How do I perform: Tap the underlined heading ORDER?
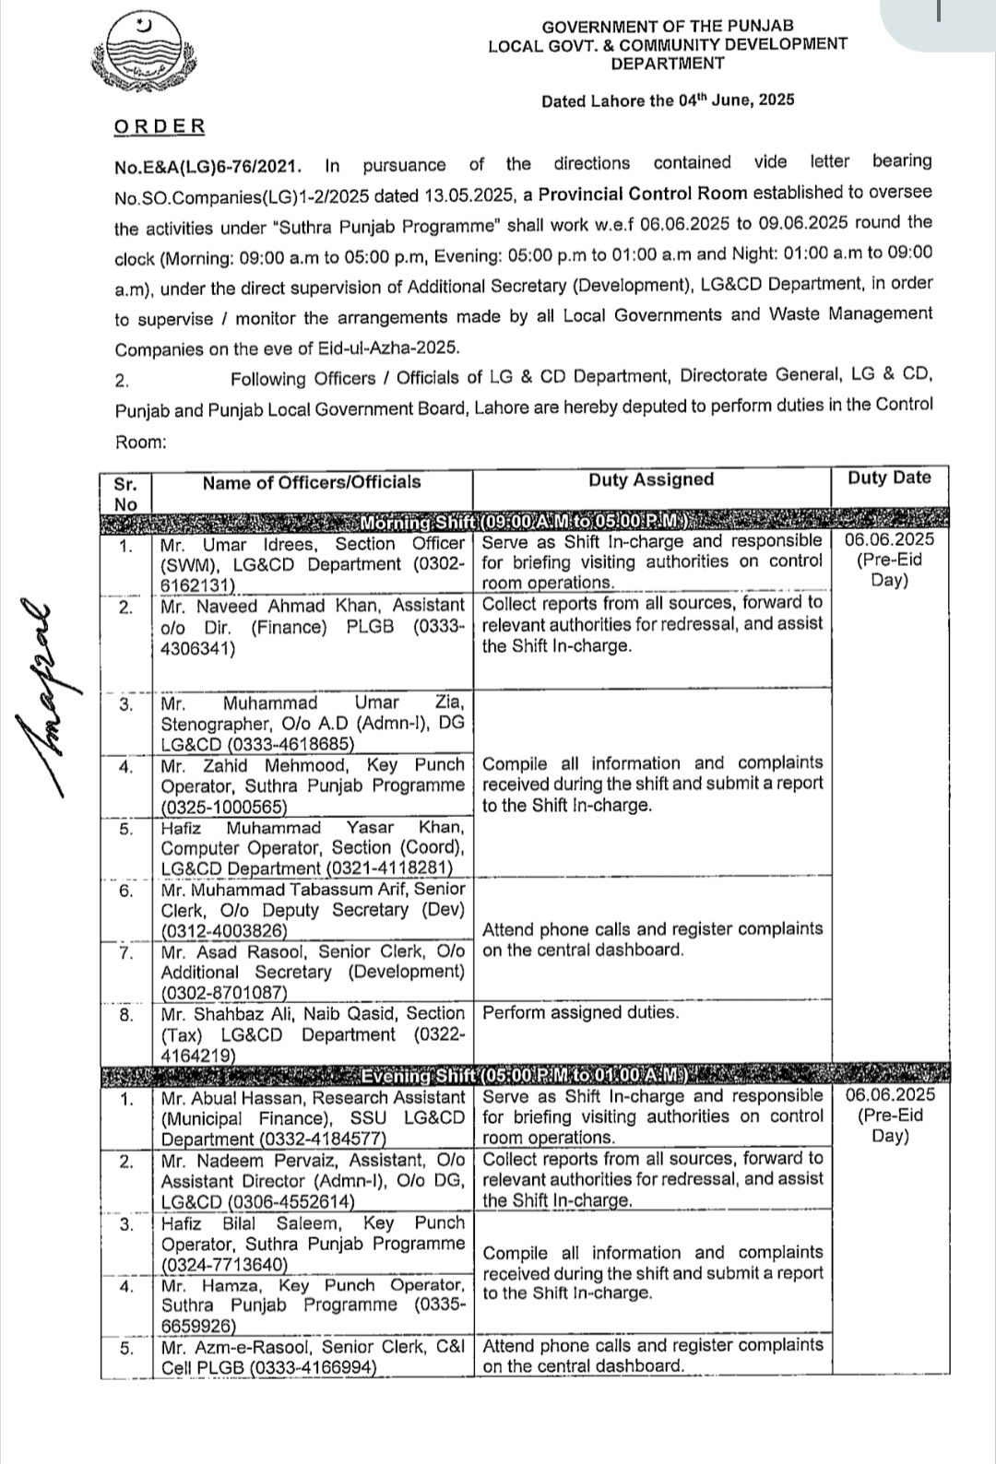pos(160,126)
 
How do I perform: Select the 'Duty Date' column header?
pos(889,478)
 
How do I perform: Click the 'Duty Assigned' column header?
pos(651,479)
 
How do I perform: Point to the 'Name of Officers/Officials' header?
pos(312,481)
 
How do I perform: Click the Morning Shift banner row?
pos(526,522)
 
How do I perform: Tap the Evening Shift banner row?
pos(526,1075)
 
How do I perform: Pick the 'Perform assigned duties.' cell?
pos(580,1013)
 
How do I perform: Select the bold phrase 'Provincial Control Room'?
pos(644,193)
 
